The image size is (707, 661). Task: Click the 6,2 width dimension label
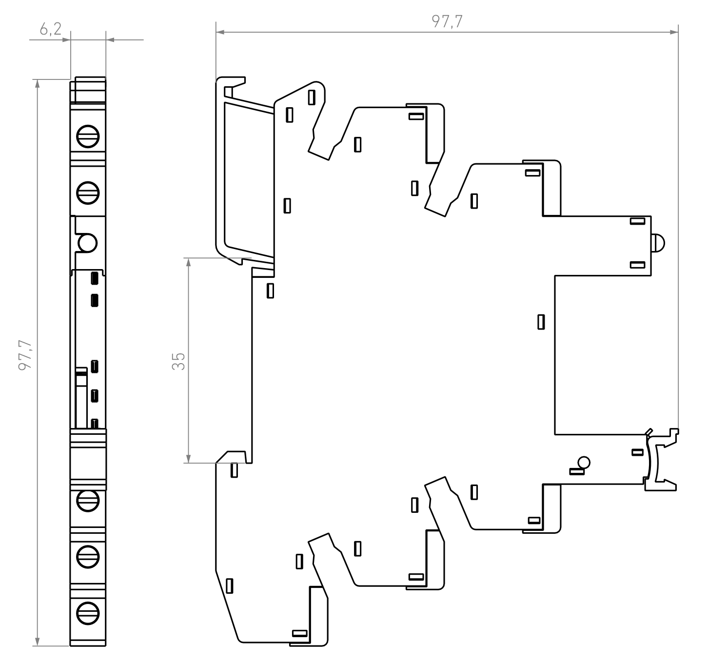pyautogui.click(x=51, y=30)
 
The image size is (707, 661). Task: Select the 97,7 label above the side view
pyautogui.click(x=447, y=21)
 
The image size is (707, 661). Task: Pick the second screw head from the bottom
pyautogui.click(x=88, y=555)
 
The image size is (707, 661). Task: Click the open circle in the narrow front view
pyautogui.click(x=88, y=243)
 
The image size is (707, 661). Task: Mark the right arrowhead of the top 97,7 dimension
pyautogui.click(x=674, y=33)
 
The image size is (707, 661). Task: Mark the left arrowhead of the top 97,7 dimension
pyautogui.click(x=220, y=33)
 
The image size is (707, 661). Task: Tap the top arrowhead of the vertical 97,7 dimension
pyautogui.click(x=38, y=83)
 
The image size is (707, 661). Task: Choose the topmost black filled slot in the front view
pyautogui.click(x=95, y=278)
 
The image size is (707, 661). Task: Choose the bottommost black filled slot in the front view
pyautogui.click(x=95, y=424)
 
